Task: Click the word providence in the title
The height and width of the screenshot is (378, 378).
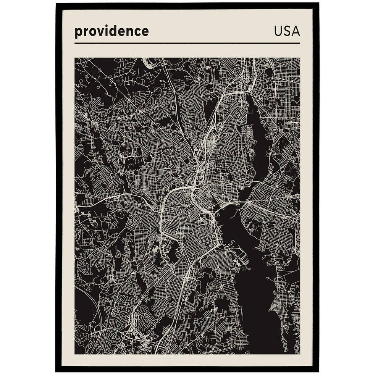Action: coord(111,31)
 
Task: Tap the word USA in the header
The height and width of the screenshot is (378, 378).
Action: coord(287,31)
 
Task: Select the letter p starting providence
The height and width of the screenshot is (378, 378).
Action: coord(78,32)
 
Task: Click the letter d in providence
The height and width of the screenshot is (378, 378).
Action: coord(113,31)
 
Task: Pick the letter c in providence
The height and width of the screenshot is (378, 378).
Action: coord(137,32)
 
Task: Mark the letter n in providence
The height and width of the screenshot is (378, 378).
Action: coord(129,32)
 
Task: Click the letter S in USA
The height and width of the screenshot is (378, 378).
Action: coord(287,31)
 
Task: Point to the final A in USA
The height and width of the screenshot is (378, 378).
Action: coord(296,31)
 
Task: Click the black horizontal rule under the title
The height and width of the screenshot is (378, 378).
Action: coord(187,44)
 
